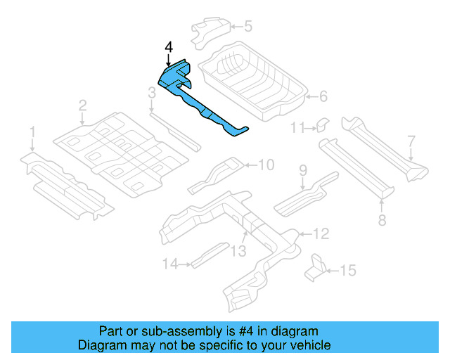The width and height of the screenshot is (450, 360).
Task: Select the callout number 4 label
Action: pos(168,47)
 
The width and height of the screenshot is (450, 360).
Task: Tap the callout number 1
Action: pos(32,131)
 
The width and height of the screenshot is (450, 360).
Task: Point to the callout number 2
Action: pos(82,105)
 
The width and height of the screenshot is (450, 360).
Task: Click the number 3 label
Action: pos(151,92)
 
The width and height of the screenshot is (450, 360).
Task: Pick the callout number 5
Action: pos(247,27)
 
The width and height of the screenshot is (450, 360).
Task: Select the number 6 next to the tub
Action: pos(323,96)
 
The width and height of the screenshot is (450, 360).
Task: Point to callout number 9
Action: pos(303,169)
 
